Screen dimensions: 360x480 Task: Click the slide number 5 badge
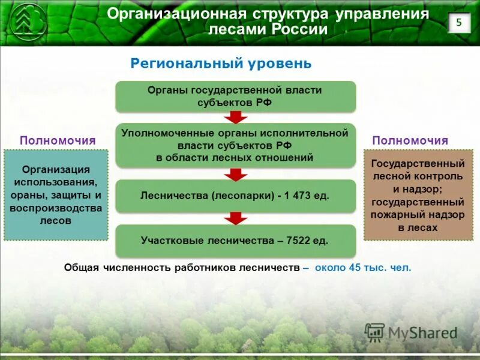pyautogui.click(x=459, y=23)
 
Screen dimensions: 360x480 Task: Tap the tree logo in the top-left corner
pyautogui.click(x=26, y=23)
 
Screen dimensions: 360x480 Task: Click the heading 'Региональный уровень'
pyautogui.click(x=221, y=63)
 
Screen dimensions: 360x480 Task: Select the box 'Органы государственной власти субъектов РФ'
pyautogui.click(x=235, y=96)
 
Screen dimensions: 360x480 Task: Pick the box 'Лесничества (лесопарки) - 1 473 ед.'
pyautogui.click(x=235, y=196)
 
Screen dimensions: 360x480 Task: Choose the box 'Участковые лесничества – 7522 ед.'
pyautogui.click(x=235, y=241)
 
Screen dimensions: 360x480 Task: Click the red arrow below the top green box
pyautogui.click(x=235, y=117)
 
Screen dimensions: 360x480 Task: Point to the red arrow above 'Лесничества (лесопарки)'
pyautogui.click(x=235, y=174)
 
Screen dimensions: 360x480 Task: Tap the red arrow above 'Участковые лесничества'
pyautogui.click(x=235, y=218)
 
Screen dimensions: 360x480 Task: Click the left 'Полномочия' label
pyautogui.click(x=58, y=140)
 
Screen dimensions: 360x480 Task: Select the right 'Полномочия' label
pyautogui.click(x=410, y=140)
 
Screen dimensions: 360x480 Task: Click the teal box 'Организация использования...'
pyautogui.click(x=56, y=195)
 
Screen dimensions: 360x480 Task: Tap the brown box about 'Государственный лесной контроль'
pyautogui.click(x=418, y=195)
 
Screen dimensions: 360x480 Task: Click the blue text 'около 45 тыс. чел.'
pyautogui.click(x=363, y=268)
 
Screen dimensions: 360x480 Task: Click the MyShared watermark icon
pyautogui.click(x=374, y=332)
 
